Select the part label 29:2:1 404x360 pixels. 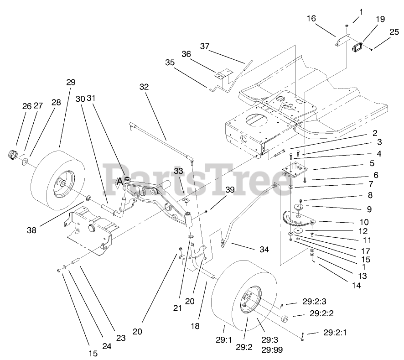[x=334, y=332]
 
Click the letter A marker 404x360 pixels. [x=119, y=182]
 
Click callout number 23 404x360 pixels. [x=120, y=338]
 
